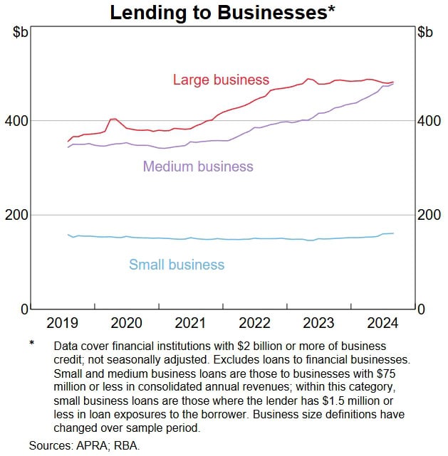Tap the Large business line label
point(221,80)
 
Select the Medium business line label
point(198,166)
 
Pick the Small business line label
point(177,265)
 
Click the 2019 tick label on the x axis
point(63,324)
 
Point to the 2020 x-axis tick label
point(127,324)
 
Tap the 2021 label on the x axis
point(190,324)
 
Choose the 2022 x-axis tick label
point(254,324)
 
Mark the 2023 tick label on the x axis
point(318,324)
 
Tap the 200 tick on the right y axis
point(427,215)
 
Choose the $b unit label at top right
point(425,32)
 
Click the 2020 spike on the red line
point(113,120)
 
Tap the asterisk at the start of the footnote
point(31,344)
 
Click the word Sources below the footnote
point(51,445)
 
